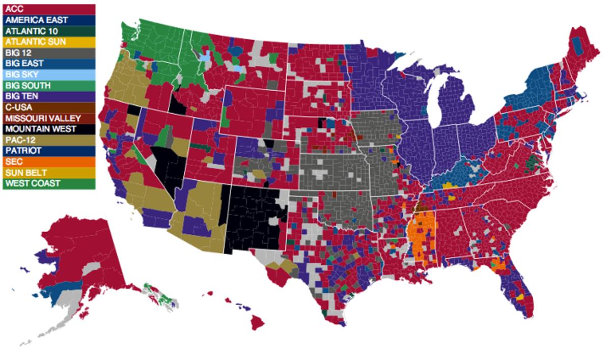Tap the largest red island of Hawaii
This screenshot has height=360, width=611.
(x=258, y=321)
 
